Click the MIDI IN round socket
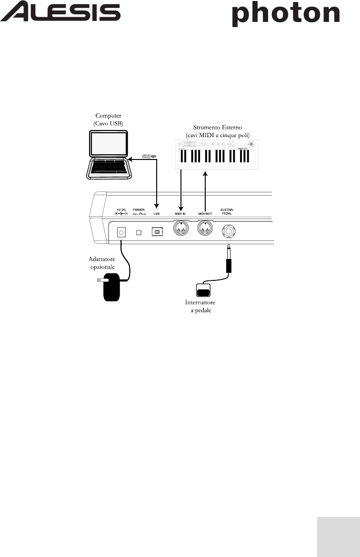tap(181, 231)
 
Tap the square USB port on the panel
tap(156, 232)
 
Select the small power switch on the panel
tap(139, 232)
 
